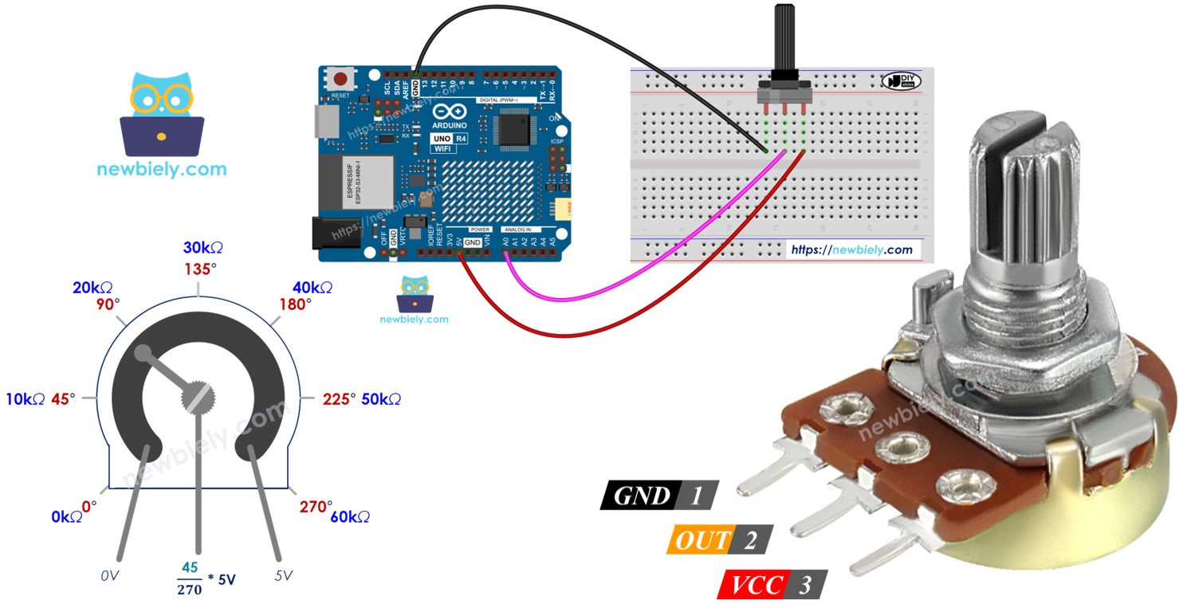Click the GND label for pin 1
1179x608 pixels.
(643, 496)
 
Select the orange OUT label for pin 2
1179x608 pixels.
(702, 540)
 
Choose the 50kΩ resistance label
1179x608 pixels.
(381, 399)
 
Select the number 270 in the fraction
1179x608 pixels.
(190, 590)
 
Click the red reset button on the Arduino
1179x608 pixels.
(341, 80)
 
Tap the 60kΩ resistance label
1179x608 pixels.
(349, 517)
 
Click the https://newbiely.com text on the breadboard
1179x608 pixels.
(851, 249)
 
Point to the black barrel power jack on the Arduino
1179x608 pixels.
(328, 236)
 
